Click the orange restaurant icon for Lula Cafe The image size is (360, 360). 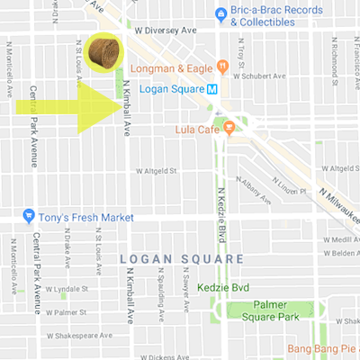coord(228,129)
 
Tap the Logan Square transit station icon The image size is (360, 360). coord(211,89)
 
